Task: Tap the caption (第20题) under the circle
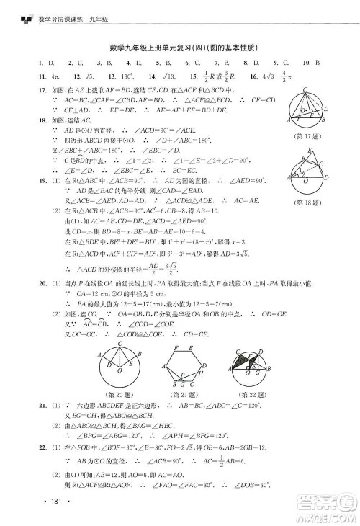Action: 120,396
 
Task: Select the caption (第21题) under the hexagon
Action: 184,396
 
